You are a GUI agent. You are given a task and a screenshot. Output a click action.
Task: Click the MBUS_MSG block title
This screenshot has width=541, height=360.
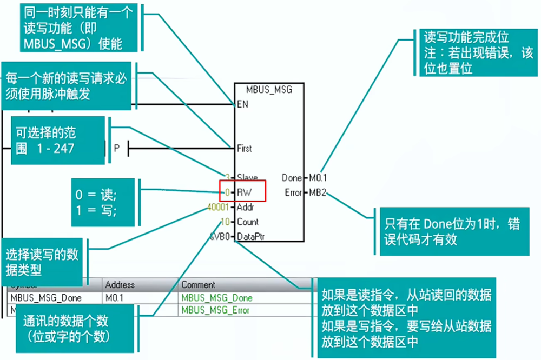(269, 90)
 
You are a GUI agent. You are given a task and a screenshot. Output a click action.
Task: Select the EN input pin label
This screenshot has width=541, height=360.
(242, 104)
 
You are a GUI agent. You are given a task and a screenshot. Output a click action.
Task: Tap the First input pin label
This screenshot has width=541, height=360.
(245, 148)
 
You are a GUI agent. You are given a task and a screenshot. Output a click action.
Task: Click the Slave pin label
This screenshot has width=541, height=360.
(247, 177)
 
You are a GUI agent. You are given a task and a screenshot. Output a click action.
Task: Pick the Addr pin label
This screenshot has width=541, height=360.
(246, 207)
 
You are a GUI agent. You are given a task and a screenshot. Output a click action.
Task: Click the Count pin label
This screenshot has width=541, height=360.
(248, 222)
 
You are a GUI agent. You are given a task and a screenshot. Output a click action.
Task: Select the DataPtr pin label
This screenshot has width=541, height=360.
(250, 236)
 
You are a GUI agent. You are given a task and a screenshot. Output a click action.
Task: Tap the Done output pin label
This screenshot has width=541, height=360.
(292, 177)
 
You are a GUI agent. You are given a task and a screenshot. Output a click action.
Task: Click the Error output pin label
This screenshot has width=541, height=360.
(293, 192)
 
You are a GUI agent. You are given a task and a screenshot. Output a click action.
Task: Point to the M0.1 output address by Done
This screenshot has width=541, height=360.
(318, 177)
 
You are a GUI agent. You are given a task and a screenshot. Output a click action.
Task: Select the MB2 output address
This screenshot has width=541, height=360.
(317, 192)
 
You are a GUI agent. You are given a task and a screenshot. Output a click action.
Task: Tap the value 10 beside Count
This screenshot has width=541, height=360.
(226, 222)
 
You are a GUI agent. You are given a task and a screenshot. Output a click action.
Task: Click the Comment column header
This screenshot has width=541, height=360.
(198, 284)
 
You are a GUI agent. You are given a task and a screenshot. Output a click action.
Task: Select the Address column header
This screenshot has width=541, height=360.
(120, 284)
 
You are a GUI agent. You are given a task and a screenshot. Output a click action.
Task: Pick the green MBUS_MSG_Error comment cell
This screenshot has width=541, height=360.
(216, 310)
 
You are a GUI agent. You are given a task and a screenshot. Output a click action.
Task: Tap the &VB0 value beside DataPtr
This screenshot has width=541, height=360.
(220, 236)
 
